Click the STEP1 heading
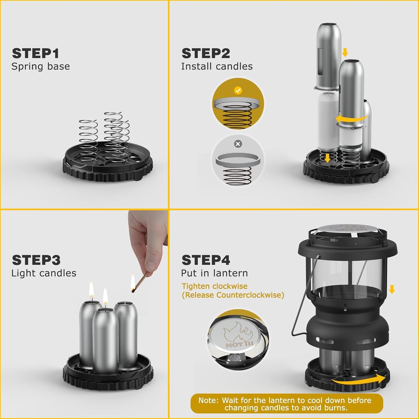click(x=35, y=54)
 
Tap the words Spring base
click(x=41, y=66)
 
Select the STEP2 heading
click(x=206, y=54)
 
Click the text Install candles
click(x=217, y=66)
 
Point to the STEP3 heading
click(x=36, y=260)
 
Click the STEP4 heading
click(x=206, y=260)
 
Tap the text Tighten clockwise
click(x=214, y=286)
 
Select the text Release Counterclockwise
click(x=233, y=295)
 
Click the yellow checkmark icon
click(x=238, y=90)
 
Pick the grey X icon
click(x=238, y=144)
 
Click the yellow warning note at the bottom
click(x=286, y=404)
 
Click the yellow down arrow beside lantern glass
click(x=392, y=289)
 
